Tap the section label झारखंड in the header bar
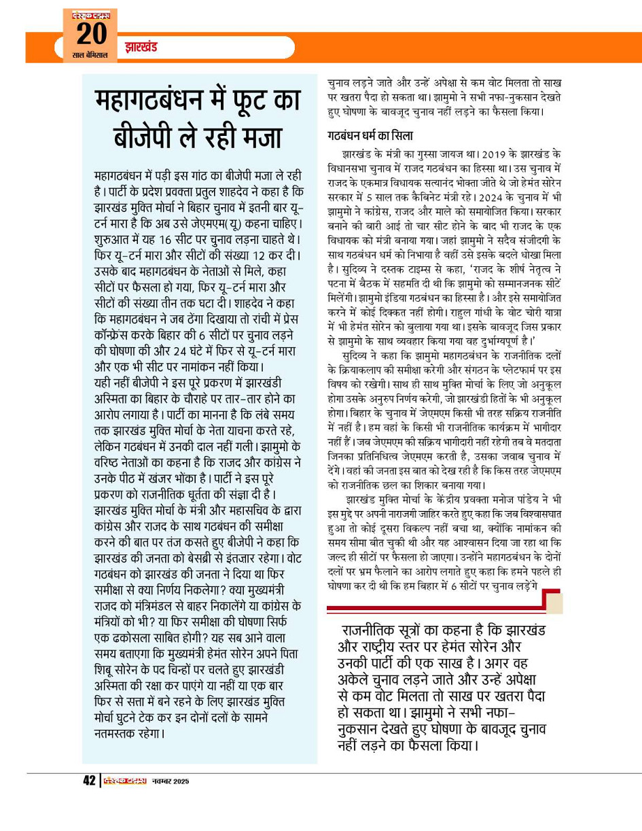coord(141,48)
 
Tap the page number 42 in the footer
coord(89,781)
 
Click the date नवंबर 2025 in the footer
coord(169,781)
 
